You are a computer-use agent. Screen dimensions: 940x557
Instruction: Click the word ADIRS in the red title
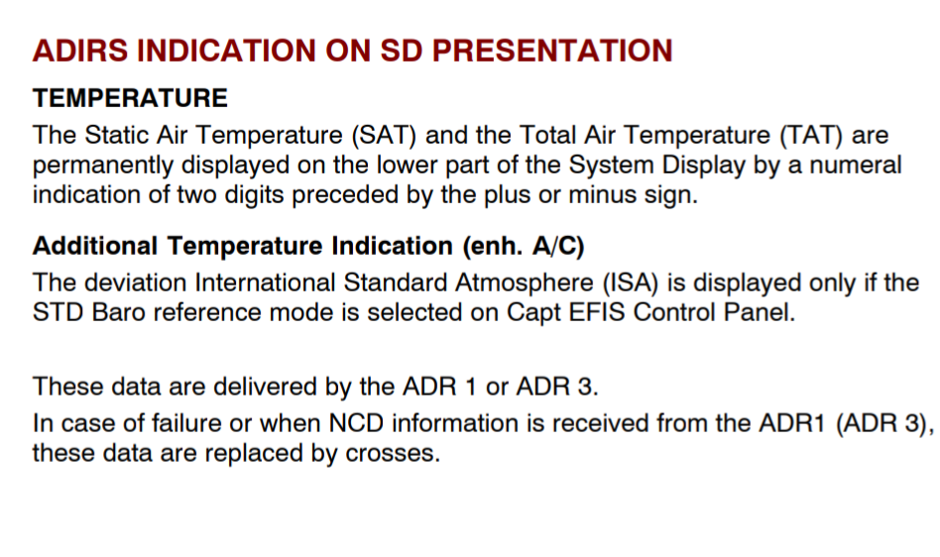[80, 51]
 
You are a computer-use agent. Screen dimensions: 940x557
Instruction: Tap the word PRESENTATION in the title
[552, 51]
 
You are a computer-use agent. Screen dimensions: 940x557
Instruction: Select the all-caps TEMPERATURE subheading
[130, 98]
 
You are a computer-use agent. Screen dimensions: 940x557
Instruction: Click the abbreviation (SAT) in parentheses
[384, 136]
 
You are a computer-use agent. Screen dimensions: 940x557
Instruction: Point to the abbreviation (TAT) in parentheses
[810, 136]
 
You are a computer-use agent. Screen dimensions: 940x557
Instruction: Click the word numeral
[856, 166]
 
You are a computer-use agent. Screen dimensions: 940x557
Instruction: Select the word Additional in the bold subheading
[95, 246]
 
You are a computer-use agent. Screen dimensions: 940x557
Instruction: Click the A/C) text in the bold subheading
[558, 246]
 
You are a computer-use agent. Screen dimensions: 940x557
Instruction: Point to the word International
[265, 282]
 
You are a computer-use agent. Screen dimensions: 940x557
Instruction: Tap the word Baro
[119, 312]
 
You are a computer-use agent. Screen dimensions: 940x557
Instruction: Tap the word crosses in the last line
[393, 454]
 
